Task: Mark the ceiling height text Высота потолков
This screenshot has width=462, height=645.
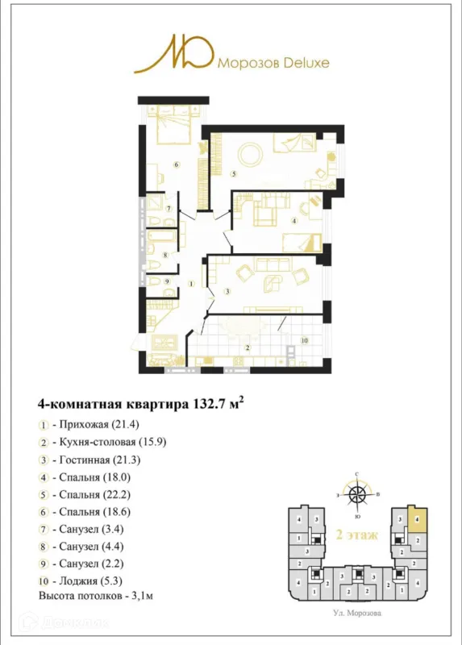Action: (96, 596)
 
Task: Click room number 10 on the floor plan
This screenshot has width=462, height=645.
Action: (305, 341)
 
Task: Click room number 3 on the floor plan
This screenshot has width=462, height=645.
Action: (228, 291)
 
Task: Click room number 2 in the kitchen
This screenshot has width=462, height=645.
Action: (248, 347)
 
